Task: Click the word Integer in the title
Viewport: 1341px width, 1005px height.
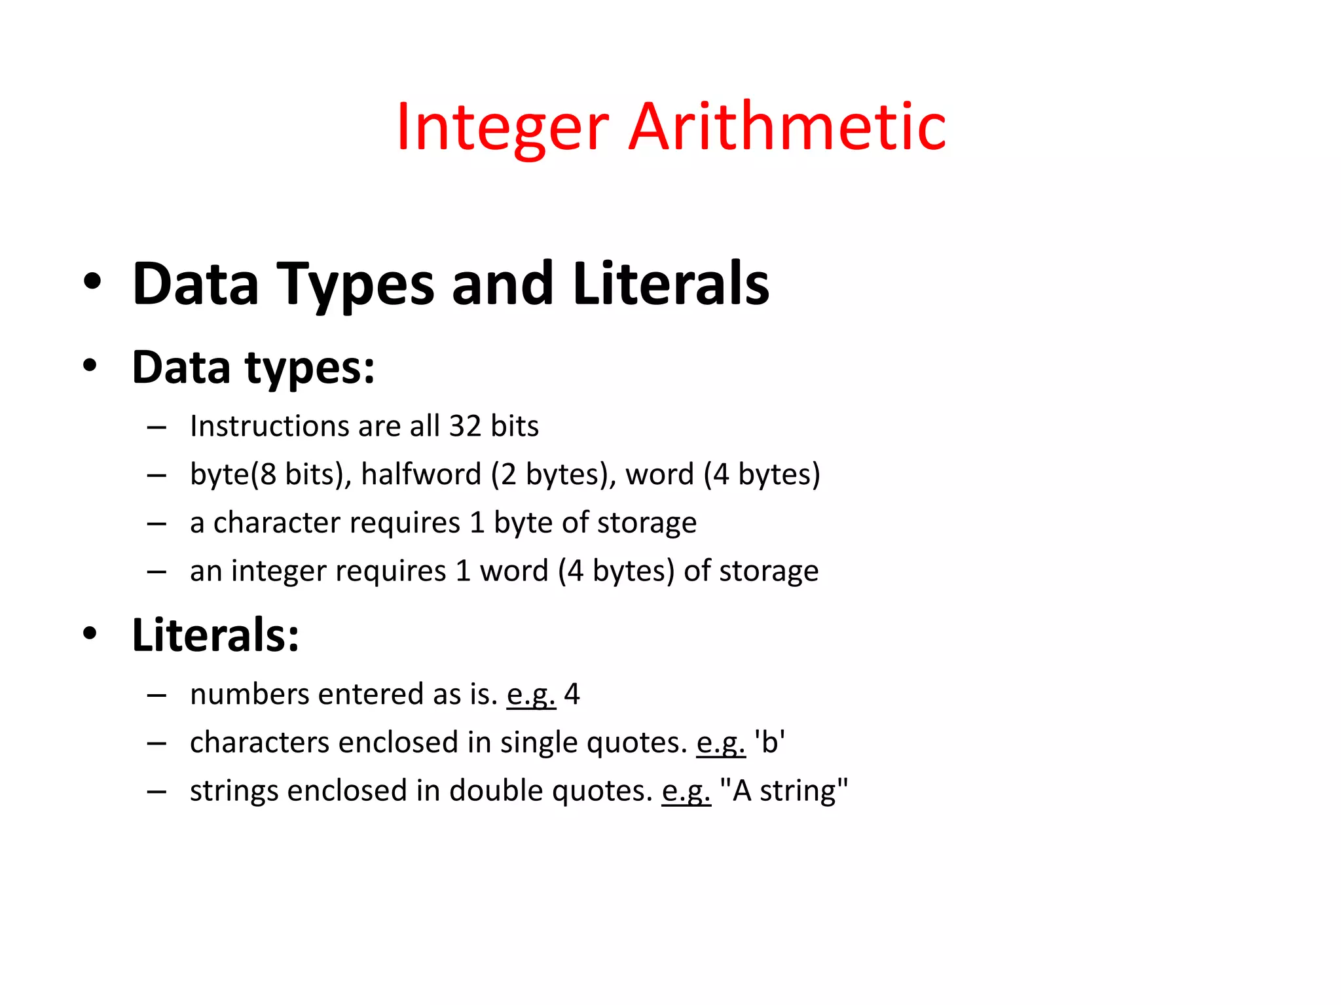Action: tap(502, 128)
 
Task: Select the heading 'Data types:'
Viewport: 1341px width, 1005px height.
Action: tap(253, 367)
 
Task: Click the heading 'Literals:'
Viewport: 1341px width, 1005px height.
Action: tap(215, 635)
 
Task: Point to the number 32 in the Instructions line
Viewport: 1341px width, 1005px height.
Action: tap(465, 427)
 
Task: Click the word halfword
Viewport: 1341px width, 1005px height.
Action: tap(421, 474)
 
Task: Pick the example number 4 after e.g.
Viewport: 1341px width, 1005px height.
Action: tap(572, 694)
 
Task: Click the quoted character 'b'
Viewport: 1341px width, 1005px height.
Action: tap(769, 743)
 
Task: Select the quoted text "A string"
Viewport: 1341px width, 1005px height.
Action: tap(783, 791)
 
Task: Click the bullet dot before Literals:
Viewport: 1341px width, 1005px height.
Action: tap(90, 633)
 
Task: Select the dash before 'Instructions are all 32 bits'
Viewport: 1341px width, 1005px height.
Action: tap(156, 428)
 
